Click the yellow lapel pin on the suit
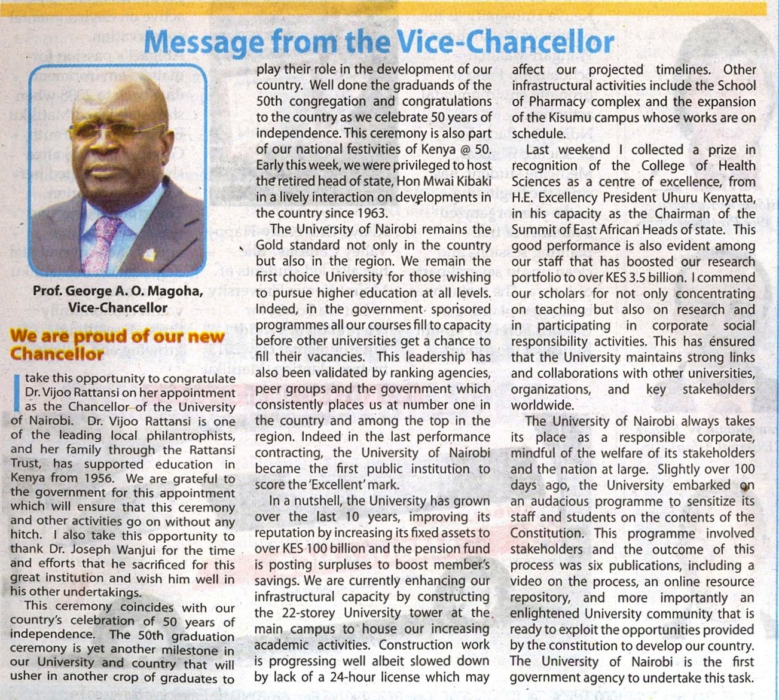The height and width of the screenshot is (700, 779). (x=149, y=255)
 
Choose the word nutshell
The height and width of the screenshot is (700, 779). (x=316, y=502)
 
